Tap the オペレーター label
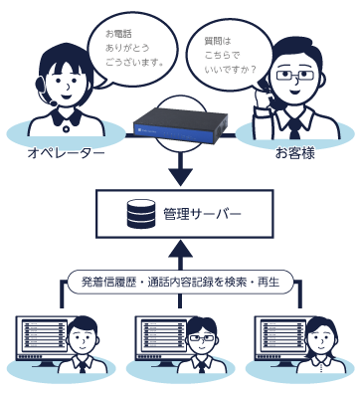coord(66,153)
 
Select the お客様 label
coord(295,153)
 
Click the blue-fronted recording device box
coord(180,125)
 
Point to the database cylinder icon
coord(141,214)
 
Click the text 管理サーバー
coord(202,214)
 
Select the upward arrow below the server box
coord(180,257)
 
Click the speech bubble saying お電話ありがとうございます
coord(132,50)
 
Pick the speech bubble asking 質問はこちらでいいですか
coord(229,56)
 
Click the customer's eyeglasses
coord(294,75)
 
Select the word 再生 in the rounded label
coord(269,282)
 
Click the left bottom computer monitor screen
coord(44,336)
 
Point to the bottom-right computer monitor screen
coord(282,336)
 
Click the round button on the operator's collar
coord(67,129)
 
